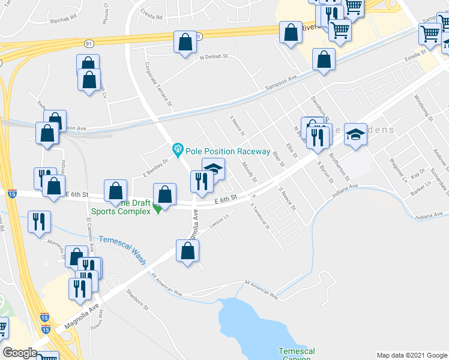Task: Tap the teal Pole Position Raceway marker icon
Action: [178, 148]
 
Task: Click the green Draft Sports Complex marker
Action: [157, 209]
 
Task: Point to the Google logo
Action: [20, 352]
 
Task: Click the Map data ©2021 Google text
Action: [411, 355]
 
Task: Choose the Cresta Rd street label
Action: [152, 17]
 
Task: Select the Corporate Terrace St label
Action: [158, 85]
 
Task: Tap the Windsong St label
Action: [423, 110]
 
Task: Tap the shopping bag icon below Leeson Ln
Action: [187, 251]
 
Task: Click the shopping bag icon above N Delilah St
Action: [185, 42]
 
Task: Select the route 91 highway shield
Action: [89, 43]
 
